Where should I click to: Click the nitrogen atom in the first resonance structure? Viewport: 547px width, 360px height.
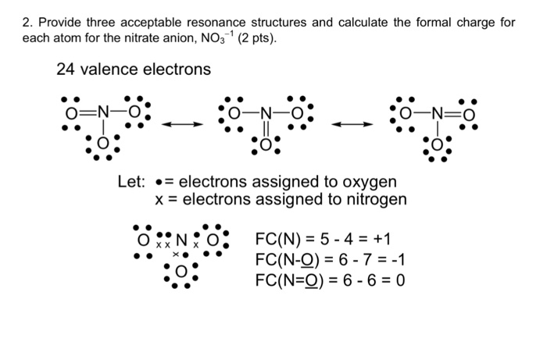click(103, 112)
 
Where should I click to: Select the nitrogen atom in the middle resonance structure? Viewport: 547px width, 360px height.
click(266, 113)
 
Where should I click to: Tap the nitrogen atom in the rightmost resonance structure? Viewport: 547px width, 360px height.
click(438, 113)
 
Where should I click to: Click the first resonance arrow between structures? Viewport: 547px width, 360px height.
click(182, 124)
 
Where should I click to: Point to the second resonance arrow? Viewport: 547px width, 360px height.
click(352, 124)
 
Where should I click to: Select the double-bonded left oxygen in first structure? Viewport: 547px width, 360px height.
click(72, 113)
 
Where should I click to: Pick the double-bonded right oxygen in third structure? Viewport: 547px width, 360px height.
click(469, 115)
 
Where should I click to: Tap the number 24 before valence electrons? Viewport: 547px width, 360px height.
click(65, 69)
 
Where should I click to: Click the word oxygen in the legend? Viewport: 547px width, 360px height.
click(370, 183)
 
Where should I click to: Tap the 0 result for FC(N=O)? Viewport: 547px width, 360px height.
click(400, 280)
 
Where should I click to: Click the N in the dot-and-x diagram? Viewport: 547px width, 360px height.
click(181, 240)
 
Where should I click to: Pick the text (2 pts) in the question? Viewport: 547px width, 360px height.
click(257, 38)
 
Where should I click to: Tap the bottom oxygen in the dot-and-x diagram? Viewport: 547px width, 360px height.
click(181, 272)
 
